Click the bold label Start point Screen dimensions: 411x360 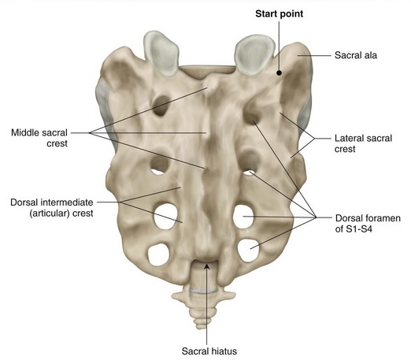pos(279,14)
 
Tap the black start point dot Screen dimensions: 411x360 pos(280,72)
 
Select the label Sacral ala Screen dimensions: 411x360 pos(356,55)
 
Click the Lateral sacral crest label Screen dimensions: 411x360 pos(363,143)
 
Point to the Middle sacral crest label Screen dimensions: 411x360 pos(39,138)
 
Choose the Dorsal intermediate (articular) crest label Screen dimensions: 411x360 pos(52,208)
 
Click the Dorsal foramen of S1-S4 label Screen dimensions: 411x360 pos(368,224)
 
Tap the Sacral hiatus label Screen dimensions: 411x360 pos(209,351)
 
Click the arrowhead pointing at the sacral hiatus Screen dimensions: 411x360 pos(207,267)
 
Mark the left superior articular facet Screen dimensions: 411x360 pos(161,53)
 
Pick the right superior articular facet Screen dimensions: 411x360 pos(254,55)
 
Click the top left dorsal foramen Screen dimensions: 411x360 pos(161,106)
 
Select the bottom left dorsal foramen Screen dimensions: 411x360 pos(159,254)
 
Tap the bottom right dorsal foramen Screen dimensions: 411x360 pos(248,251)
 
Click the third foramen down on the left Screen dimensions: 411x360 pos(165,217)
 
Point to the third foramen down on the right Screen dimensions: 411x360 pos(243,217)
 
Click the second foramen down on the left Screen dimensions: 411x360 pos(159,165)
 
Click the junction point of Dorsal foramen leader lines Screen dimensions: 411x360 pos(316,217)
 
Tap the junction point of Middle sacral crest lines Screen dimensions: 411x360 pos(90,133)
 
